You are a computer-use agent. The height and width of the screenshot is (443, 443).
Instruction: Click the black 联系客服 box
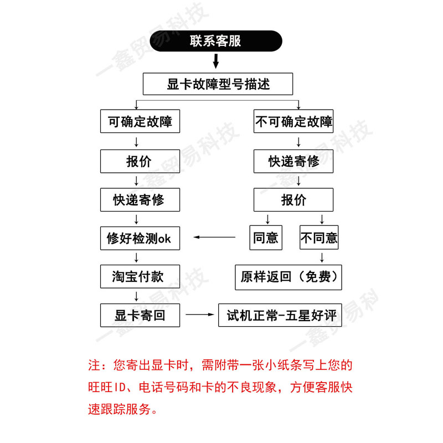click(215, 42)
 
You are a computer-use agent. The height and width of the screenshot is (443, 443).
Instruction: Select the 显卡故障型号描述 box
click(218, 84)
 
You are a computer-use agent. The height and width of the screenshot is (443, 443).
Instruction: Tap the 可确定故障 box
click(140, 121)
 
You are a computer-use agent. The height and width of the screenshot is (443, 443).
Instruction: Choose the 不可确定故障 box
click(293, 121)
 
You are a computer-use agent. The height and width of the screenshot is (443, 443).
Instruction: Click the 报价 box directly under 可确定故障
click(140, 161)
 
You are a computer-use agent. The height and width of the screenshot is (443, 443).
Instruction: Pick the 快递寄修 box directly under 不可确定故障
click(293, 161)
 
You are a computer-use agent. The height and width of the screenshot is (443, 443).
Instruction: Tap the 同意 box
click(266, 238)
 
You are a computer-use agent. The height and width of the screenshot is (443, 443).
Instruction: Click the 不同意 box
click(319, 238)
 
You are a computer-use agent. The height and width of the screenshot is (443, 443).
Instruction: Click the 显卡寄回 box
click(140, 316)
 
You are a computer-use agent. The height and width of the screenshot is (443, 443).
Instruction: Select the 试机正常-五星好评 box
click(280, 316)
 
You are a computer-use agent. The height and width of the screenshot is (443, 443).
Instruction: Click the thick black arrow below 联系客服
click(215, 60)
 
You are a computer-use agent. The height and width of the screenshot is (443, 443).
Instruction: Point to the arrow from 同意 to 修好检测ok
click(214, 238)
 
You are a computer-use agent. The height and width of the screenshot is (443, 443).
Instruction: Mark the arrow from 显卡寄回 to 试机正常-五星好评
click(200, 315)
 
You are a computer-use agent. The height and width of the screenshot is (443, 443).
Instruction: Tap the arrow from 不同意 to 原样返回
click(322, 257)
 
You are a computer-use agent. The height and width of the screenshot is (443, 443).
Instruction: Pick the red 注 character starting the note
click(94, 366)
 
